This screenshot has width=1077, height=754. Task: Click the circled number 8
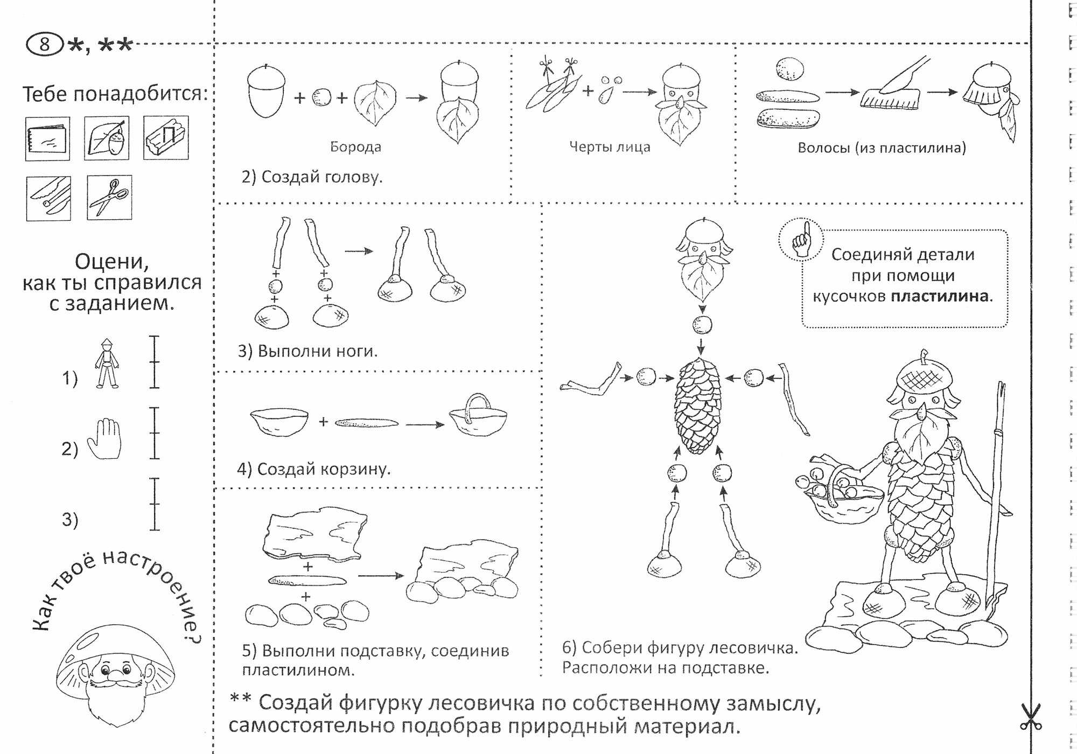point(44,44)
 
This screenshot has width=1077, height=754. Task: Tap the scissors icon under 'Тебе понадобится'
point(109,197)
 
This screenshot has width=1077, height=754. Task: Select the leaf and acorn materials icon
point(107,138)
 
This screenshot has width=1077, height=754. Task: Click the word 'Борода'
point(355,147)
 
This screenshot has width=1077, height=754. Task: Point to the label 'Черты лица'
point(610,147)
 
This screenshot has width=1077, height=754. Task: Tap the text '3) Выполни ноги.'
point(307,351)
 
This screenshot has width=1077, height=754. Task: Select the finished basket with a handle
point(478,417)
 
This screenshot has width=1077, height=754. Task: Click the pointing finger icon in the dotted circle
point(801,240)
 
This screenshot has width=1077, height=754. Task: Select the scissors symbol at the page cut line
point(1030,716)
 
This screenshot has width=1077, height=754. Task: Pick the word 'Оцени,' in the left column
point(111,262)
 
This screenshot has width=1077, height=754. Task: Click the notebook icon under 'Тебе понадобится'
point(47,138)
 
